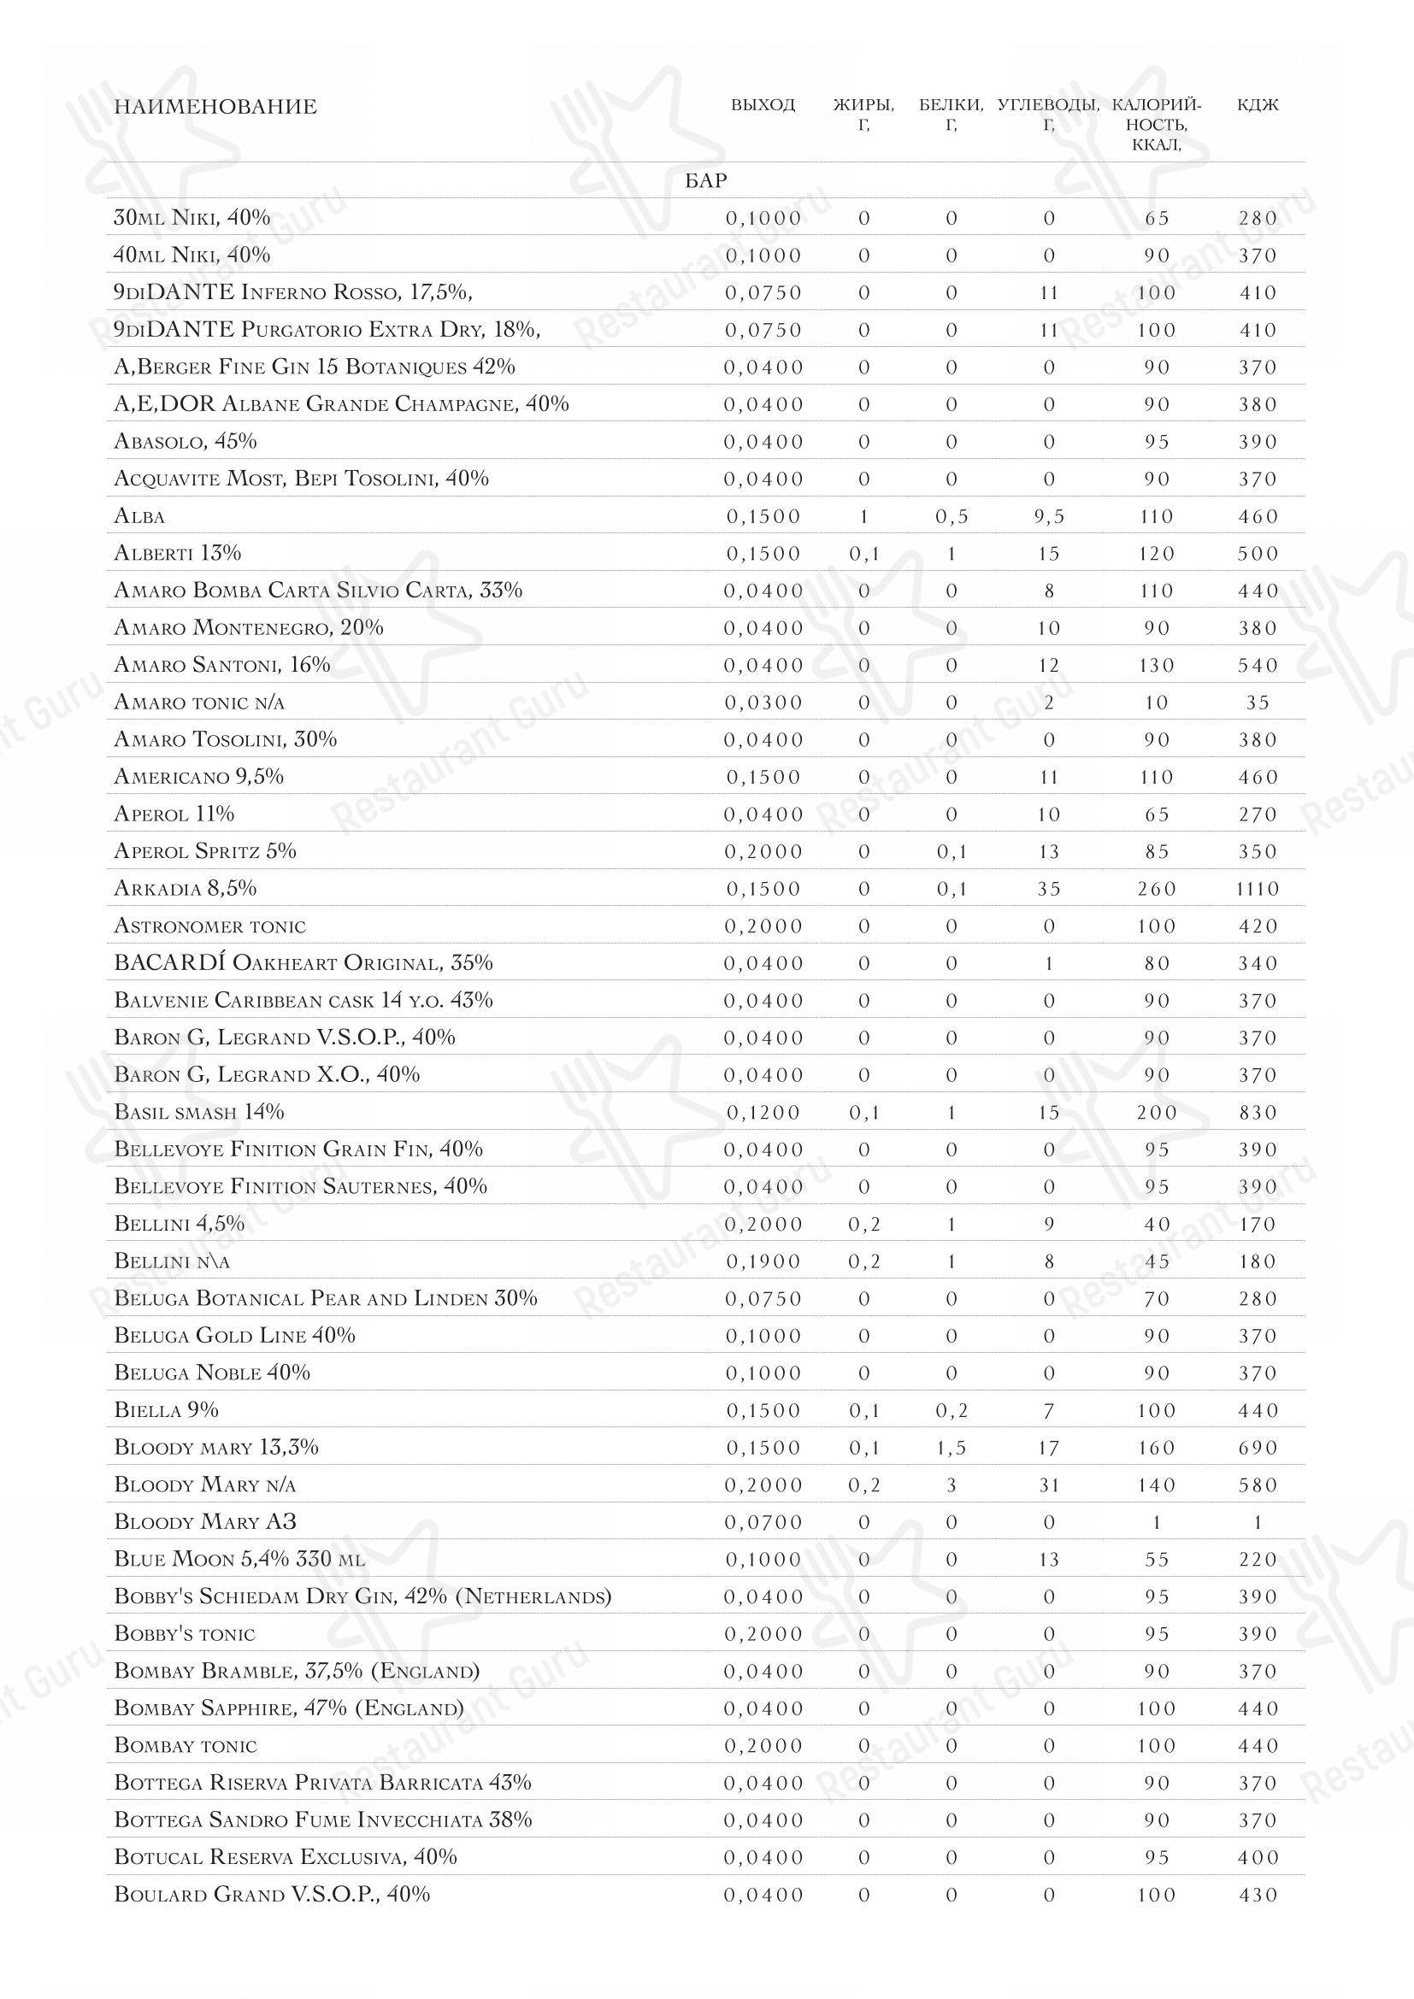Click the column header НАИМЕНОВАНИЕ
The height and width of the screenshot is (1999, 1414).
coord(215,107)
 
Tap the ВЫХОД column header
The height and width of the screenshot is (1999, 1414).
coord(763,105)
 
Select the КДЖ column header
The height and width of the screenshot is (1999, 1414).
coord(1258,105)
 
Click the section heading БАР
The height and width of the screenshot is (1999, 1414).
coord(705,180)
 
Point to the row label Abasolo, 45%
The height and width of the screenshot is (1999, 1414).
coord(186,441)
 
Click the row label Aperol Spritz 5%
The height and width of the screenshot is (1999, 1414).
coord(205,850)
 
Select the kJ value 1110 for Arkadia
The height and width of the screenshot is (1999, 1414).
coord(1258,889)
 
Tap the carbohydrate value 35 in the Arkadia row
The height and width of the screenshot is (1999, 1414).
coord(1048,889)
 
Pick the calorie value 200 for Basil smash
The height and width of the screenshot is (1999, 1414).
coord(1157,1113)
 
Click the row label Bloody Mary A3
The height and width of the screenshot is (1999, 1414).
coord(205,1522)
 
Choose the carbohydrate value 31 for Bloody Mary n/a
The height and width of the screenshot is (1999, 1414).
coord(1048,1485)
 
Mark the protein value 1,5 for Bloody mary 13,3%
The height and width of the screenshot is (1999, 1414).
coord(951,1448)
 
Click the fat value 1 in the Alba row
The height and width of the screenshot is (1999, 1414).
coord(863,516)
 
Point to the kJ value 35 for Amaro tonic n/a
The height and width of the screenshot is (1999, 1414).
coord(1258,703)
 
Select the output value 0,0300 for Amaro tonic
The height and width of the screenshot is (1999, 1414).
coord(763,703)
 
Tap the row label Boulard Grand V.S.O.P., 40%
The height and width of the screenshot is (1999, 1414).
coord(272,1895)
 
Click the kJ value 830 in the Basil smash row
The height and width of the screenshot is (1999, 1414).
coord(1258,1113)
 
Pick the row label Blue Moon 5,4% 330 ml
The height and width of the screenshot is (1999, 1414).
coord(239,1560)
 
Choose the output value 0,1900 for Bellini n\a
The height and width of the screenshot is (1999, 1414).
coord(763,1261)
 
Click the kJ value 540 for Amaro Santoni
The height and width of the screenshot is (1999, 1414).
coord(1258,665)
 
